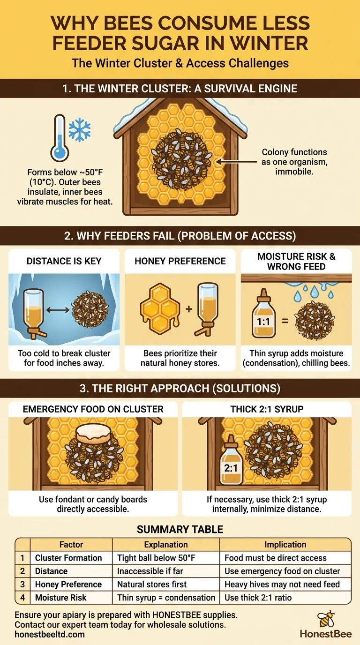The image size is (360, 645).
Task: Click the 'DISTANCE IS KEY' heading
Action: (x=64, y=261)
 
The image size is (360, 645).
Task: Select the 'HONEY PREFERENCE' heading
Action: (x=180, y=261)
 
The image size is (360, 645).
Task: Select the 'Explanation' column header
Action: (x=166, y=545)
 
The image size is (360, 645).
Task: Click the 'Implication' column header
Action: (x=285, y=545)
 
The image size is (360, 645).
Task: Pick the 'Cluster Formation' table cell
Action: (x=68, y=558)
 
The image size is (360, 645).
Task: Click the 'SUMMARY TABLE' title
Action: (x=180, y=530)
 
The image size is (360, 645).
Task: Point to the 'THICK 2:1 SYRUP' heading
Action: (x=267, y=409)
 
